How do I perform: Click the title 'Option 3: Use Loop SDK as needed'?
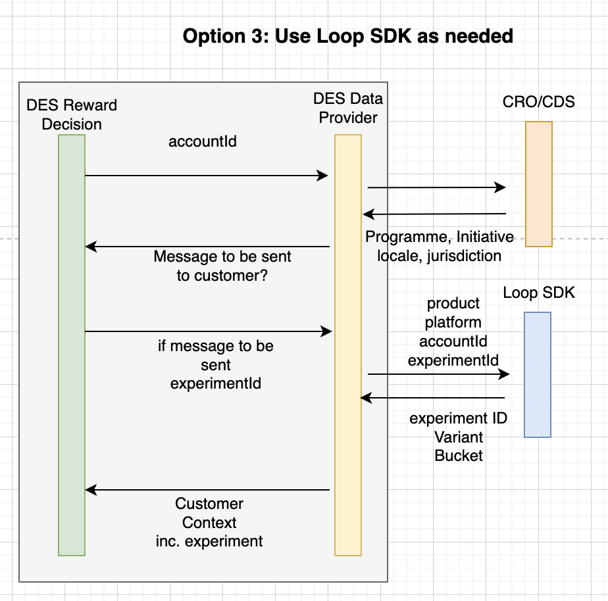pyautogui.click(x=347, y=36)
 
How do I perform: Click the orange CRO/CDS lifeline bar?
pyautogui.click(x=538, y=184)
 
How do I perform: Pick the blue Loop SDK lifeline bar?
pyautogui.click(x=537, y=374)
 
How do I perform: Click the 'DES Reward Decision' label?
pyautogui.click(x=72, y=114)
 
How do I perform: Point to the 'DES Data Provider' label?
pyautogui.click(x=348, y=108)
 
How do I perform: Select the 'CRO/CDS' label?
pyautogui.click(x=538, y=102)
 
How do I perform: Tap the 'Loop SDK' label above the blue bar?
pyautogui.click(x=539, y=293)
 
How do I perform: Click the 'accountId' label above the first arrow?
pyautogui.click(x=203, y=141)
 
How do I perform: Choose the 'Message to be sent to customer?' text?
pyautogui.click(x=222, y=266)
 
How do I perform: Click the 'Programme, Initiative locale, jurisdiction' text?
pyautogui.click(x=440, y=246)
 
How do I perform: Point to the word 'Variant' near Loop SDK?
pyautogui.click(x=459, y=437)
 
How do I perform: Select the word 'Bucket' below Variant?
pyautogui.click(x=459, y=456)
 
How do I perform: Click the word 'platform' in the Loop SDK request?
pyautogui.click(x=453, y=322)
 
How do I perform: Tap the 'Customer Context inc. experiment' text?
pyautogui.click(x=209, y=523)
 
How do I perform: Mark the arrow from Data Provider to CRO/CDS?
pyautogui.click(x=436, y=188)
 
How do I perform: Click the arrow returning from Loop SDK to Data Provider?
pyautogui.click(x=432, y=398)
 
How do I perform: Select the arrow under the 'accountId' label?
pyautogui.click(x=206, y=176)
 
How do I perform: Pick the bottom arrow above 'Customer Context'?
pyautogui.click(x=207, y=490)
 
